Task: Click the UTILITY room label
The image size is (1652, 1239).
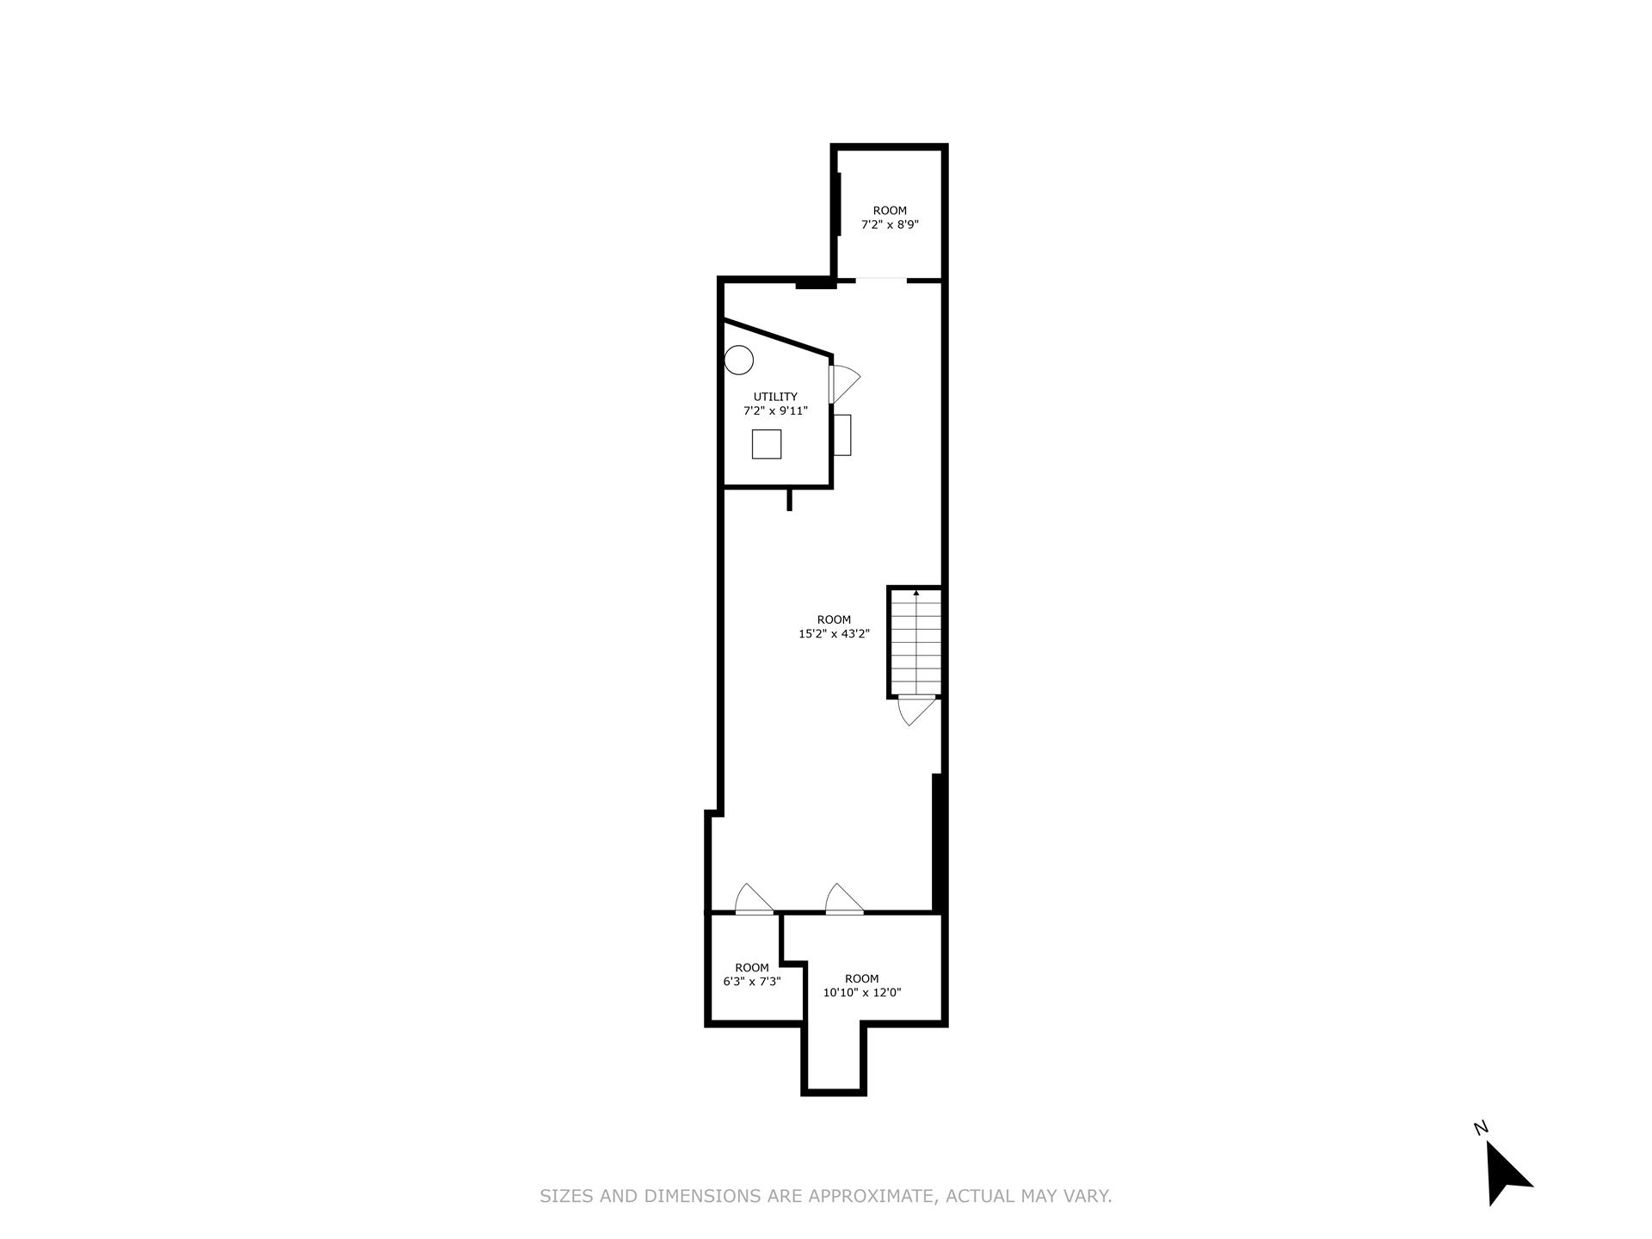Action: click(x=775, y=397)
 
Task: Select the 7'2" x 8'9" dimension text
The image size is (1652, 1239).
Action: click(x=890, y=225)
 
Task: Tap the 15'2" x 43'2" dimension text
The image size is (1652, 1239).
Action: click(x=834, y=634)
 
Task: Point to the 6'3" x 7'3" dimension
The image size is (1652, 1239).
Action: click(x=751, y=982)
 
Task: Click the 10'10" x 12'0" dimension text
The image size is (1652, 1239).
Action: click(x=861, y=992)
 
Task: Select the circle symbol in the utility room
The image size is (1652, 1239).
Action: click(x=738, y=360)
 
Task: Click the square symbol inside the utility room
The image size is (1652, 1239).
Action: click(x=766, y=444)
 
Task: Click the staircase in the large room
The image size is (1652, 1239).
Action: click(x=915, y=642)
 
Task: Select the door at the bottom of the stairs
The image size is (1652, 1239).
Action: click(x=915, y=710)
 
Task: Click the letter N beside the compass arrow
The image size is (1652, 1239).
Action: click(x=1481, y=1128)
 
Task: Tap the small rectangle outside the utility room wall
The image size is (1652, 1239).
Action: click(x=842, y=435)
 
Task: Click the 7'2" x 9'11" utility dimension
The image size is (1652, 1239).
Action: click(x=775, y=411)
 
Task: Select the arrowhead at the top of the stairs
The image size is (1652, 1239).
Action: click(x=916, y=592)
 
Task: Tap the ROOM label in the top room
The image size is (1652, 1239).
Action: click(x=890, y=211)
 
